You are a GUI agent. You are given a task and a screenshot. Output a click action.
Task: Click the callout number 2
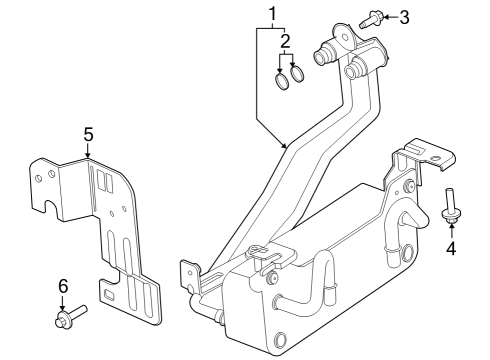coord(285,41)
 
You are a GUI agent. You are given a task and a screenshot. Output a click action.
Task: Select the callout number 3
coord(404,17)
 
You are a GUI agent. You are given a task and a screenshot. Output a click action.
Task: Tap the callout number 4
coord(450,248)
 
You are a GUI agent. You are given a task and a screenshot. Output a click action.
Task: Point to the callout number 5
coord(88,132)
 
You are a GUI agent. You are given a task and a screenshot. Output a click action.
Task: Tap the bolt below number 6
coord(68,319)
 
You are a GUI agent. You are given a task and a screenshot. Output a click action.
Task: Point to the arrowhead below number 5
coord(88,155)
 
